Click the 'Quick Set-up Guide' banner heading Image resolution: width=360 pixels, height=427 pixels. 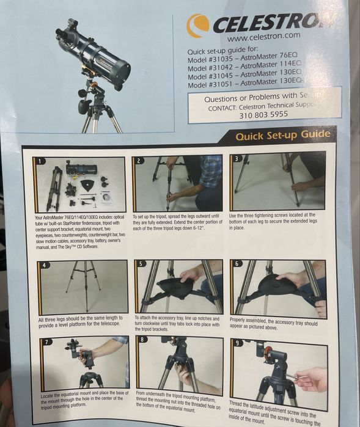pos(282,135)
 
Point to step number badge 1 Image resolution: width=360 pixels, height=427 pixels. pos(40,161)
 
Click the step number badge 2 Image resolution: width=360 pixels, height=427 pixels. pos(140,161)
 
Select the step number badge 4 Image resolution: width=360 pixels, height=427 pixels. pos(44,265)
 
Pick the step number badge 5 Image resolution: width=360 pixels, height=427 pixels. pos(141,265)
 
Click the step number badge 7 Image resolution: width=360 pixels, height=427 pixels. pos(47,341)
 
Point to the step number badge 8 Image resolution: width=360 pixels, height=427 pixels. pos(142,339)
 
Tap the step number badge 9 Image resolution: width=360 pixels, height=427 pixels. pos(238,343)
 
